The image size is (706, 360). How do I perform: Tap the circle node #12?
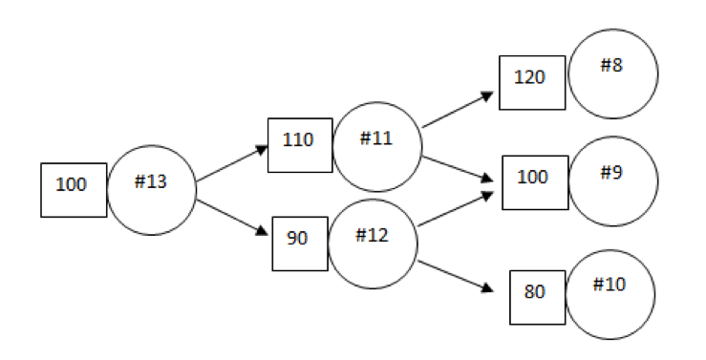[373, 243]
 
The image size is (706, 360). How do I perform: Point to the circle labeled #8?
[612, 74]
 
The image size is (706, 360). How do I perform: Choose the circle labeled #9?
[612, 180]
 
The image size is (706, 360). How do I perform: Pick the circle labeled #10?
[610, 294]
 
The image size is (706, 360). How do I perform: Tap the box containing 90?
[299, 243]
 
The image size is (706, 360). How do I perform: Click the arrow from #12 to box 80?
[457, 275]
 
